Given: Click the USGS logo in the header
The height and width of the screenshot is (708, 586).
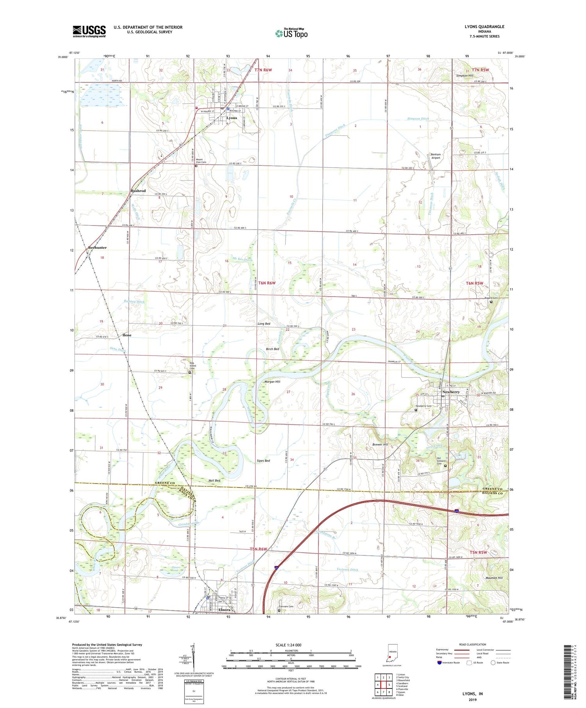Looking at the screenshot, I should click(89, 31).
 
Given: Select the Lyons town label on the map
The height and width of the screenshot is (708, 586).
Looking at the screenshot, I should click(232, 118).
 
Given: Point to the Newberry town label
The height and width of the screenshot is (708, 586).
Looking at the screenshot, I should click(451, 392).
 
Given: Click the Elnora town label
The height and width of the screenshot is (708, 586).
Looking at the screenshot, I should click(224, 610).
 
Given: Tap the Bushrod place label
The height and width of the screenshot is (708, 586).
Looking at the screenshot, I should click(138, 191).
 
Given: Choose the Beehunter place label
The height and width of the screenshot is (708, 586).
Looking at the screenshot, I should click(97, 248).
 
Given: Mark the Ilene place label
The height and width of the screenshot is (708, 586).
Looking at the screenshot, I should click(127, 335).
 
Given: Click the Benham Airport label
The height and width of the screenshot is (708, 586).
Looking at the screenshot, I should click(435, 156).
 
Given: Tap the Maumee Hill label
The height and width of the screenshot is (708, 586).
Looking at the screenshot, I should click(483, 578).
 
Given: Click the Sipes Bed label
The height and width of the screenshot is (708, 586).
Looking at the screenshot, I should click(263, 461).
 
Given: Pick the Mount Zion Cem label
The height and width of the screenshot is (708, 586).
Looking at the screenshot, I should click(201, 161).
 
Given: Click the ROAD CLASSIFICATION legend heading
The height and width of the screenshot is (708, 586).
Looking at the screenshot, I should click(470, 644).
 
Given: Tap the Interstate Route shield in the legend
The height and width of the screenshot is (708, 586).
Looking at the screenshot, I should click(440, 662).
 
